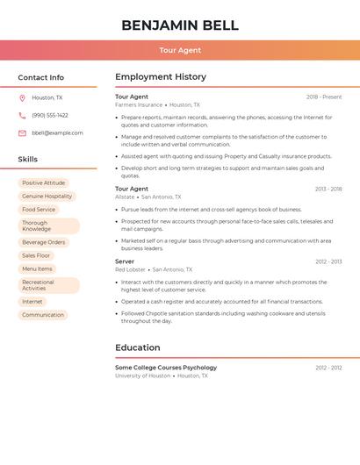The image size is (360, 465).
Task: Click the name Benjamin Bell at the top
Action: (180, 25)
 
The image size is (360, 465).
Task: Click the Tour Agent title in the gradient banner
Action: (180, 50)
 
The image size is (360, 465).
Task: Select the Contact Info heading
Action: (41, 77)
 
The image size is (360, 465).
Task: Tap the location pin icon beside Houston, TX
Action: (22, 98)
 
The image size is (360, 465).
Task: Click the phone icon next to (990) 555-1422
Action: (22, 116)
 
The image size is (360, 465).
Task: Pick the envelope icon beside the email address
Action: (22, 133)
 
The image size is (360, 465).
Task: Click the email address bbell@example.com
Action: (57, 133)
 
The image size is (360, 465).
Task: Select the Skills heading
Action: (28, 160)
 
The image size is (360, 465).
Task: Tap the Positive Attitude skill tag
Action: (43, 183)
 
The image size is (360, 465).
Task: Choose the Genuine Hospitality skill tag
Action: (47, 197)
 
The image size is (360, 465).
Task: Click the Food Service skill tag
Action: (39, 210)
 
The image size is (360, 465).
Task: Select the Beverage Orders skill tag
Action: (44, 242)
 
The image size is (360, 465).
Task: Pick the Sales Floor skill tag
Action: (36, 255)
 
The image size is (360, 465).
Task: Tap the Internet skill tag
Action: (32, 302)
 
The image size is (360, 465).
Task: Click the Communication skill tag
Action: (43, 315)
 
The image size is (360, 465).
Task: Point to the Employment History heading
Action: (161, 77)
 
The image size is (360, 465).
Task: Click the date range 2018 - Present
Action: (324, 97)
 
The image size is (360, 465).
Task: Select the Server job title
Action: (125, 261)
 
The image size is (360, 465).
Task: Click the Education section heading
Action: (138, 347)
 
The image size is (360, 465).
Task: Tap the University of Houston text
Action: (142, 376)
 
